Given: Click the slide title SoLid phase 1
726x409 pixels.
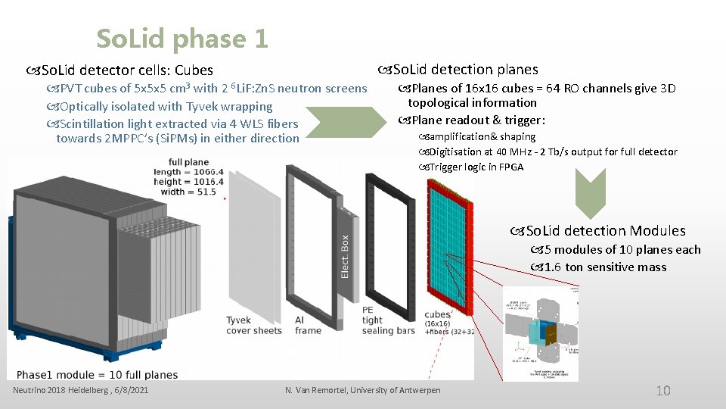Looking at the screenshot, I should (182, 39).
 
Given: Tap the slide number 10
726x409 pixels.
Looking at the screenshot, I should (663, 391).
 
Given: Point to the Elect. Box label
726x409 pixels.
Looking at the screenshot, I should (345, 254).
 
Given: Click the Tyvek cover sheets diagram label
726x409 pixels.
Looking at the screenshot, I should (250, 326).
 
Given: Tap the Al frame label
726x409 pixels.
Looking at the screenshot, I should (308, 326).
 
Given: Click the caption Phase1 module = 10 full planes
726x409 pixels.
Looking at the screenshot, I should (97, 374).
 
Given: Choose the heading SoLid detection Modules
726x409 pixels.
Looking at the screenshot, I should (605, 231).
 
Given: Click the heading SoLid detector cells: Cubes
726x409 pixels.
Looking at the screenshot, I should (126, 70).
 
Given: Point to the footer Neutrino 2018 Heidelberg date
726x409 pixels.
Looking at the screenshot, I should (81, 390).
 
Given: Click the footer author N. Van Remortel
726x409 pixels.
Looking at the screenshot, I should (363, 390).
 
